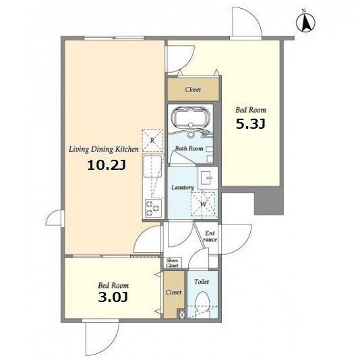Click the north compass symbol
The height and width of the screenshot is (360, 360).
305,22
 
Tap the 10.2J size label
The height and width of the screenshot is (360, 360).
107,165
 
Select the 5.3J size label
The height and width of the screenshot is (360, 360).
251,124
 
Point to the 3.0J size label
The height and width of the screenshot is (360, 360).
113,297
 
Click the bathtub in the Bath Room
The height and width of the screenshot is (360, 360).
191,117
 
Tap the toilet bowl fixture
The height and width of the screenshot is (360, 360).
203,301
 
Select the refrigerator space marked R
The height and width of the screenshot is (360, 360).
152,140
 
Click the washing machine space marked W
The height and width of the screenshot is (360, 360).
204,204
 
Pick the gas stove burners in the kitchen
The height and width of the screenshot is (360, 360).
152,208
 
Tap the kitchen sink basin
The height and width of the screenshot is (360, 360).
152,167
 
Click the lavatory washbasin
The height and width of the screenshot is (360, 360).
208,177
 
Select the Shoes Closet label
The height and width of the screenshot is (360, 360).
172,263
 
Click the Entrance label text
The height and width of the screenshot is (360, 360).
210,236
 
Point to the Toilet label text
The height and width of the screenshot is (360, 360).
202,282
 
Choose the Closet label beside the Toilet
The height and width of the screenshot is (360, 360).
173,293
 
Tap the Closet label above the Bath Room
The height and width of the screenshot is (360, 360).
193,89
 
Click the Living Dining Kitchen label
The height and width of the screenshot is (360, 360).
104,149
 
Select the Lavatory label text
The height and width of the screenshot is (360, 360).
183,187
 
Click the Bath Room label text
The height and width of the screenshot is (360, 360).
189,148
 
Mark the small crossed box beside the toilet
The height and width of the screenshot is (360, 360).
182,314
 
